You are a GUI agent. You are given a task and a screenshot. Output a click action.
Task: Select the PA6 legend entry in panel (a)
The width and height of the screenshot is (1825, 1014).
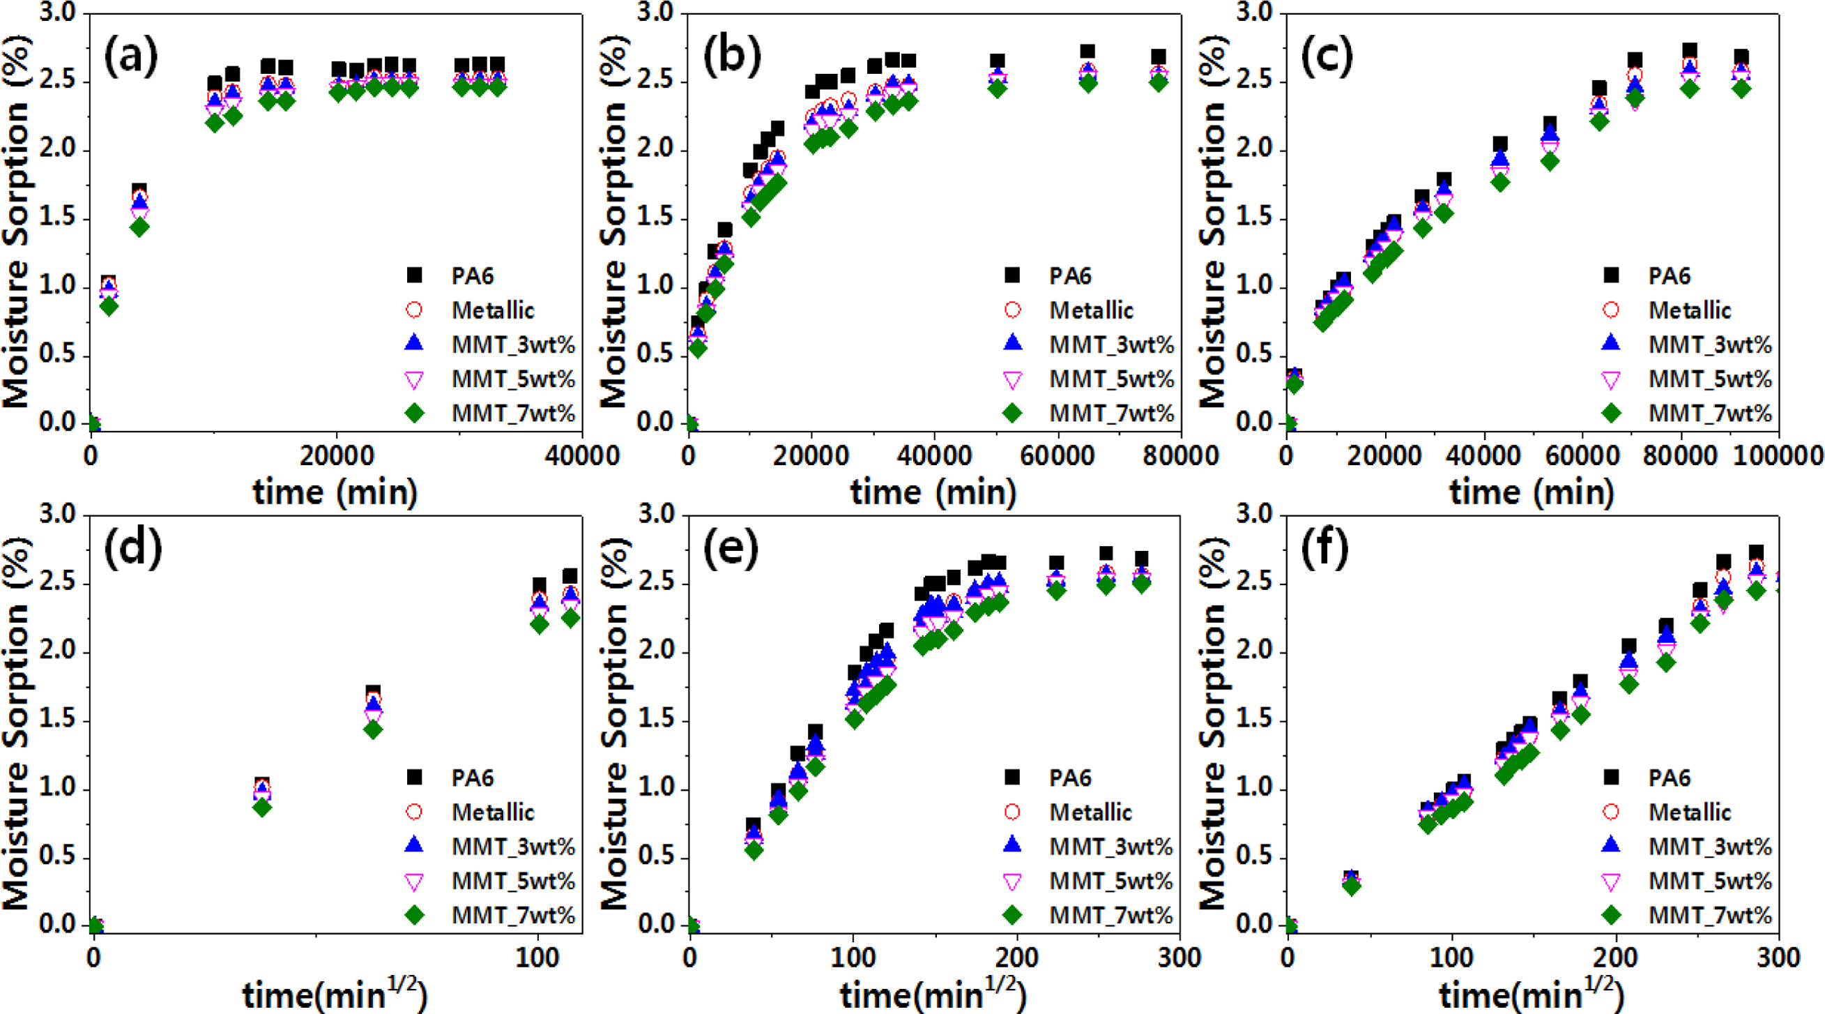[472, 275]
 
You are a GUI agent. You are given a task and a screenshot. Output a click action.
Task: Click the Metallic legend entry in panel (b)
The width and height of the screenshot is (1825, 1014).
[1091, 310]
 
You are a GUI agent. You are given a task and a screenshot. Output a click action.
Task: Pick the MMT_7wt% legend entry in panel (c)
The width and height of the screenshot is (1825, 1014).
[1709, 413]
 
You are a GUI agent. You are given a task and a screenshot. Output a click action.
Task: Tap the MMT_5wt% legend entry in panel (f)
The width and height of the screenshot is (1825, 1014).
[1709, 881]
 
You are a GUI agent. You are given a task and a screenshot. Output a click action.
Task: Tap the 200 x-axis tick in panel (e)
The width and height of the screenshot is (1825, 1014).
[1017, 958]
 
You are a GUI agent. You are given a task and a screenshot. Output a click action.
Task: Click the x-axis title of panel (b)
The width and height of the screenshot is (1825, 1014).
[933, 492]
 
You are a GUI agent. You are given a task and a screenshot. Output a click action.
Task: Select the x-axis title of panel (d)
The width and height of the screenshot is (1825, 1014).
[335, 994]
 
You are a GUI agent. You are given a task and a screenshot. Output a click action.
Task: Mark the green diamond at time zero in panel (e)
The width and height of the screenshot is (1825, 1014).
[690, 924]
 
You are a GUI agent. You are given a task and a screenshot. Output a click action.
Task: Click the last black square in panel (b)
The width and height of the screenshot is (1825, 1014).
[1159, 57]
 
